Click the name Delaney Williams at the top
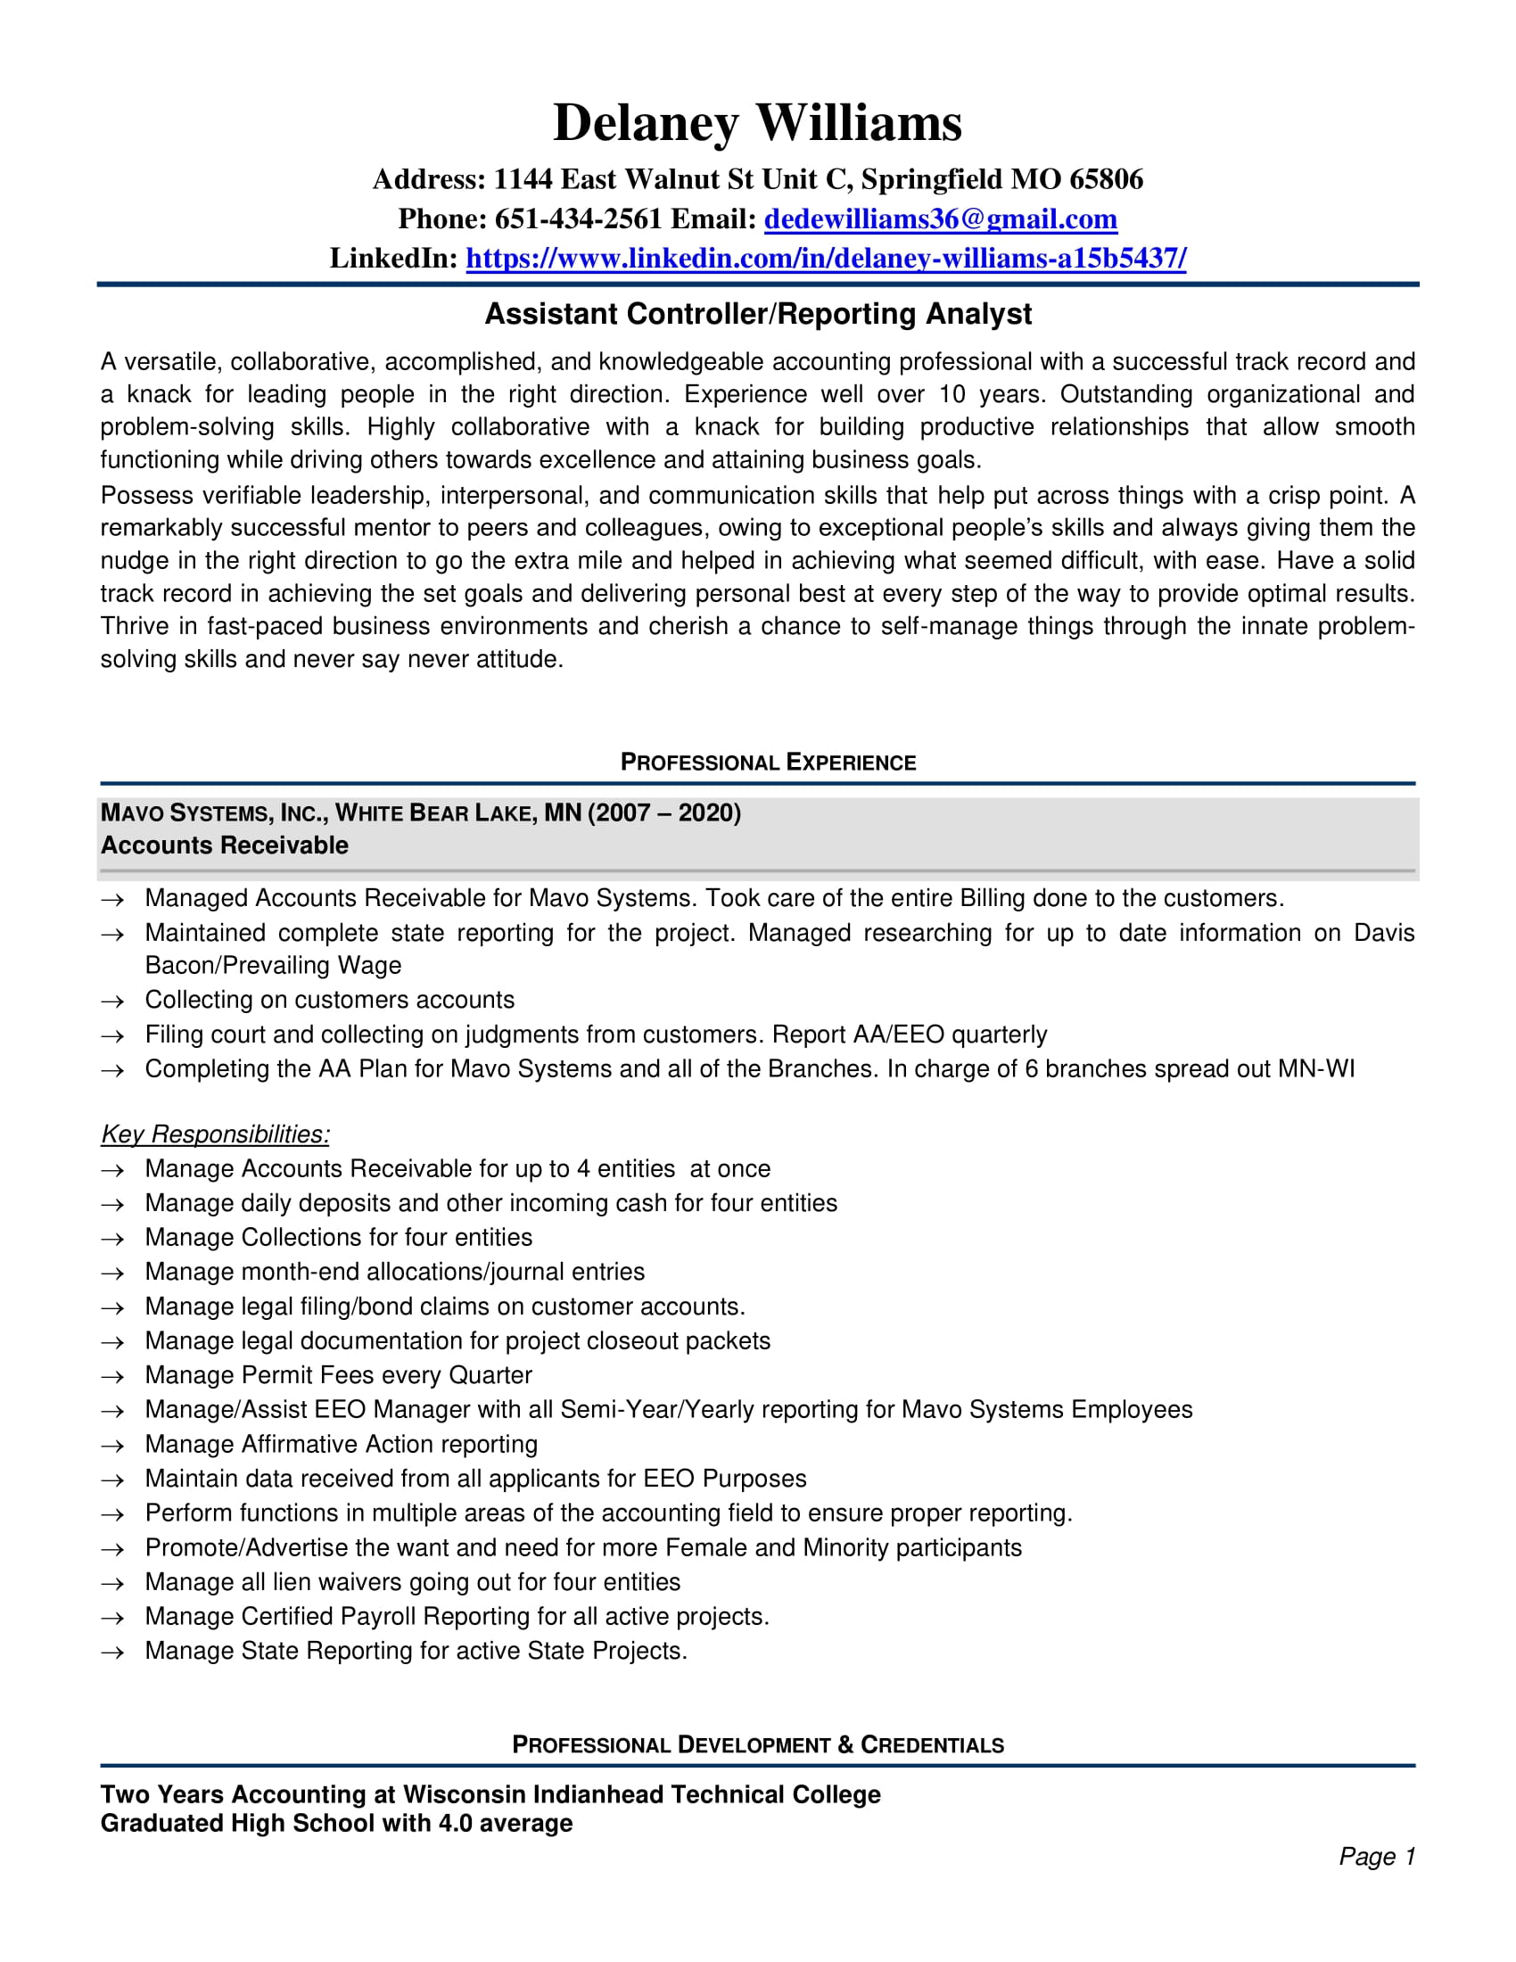(757, 122)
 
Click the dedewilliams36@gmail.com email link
(940, 219)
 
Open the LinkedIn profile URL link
(826, 259)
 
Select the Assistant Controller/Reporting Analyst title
(758, 314)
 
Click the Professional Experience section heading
(768, 763)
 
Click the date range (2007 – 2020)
(664, 813)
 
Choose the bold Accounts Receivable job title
(225, 845)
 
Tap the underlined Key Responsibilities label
(215, 1134)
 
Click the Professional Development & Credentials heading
(758, 1744)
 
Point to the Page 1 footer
(1377, 1856)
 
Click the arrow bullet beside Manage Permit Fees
(112, 1377)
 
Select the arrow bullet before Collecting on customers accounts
(112, 1002)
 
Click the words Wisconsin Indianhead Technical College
(641, 1794)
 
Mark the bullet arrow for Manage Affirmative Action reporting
(112, 1447)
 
